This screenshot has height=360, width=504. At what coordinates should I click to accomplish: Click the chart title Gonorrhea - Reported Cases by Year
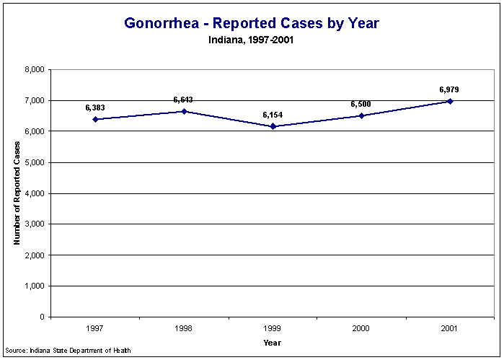252,23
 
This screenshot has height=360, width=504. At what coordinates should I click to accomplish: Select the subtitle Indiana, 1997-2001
252,40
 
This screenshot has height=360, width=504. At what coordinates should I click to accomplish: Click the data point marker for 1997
95,119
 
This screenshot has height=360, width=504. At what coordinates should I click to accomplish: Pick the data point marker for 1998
184,111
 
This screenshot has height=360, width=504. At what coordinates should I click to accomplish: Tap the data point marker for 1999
273,126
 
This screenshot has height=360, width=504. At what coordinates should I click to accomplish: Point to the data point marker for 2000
361,115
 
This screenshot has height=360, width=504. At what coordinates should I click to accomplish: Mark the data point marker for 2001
450,101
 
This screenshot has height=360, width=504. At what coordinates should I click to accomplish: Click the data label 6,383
95,107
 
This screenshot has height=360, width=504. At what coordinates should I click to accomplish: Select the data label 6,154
273,115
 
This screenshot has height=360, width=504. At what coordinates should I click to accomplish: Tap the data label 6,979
449,89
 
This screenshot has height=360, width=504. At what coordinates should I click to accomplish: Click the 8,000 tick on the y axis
35,70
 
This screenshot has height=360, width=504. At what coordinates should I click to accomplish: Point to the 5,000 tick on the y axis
35,162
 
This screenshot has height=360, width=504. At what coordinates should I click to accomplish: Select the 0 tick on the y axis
43,317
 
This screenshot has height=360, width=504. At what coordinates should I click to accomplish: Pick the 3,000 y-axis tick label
35,224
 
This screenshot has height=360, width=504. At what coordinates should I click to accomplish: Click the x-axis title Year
273,342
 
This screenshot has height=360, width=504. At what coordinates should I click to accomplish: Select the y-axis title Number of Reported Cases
17,193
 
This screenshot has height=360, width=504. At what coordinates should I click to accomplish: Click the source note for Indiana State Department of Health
68,351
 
